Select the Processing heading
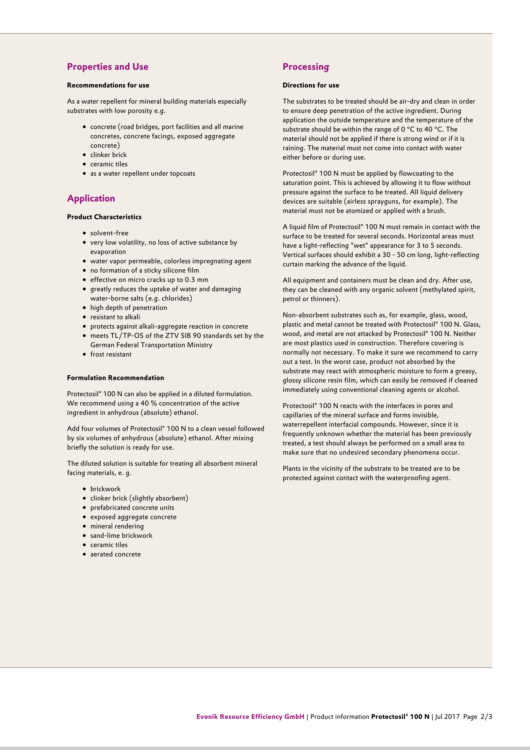coord(306,67)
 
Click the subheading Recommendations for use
coord(108,85)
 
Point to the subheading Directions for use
coord(311,85)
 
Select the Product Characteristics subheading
coord(104,217)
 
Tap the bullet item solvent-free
coord(109,233)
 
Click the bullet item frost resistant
coord(111,354)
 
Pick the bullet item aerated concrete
coord(115,554)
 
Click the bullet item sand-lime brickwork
coord(121,536)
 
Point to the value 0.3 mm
coord(196,280)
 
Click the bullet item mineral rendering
coord(117,526)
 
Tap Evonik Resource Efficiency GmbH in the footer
coord(250,717)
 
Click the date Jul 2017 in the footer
coord(447,717)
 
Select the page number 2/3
coord(486,717)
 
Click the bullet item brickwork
coord(105,489)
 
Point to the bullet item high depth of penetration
coord(128,308)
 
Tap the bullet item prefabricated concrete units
coord(132,508)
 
